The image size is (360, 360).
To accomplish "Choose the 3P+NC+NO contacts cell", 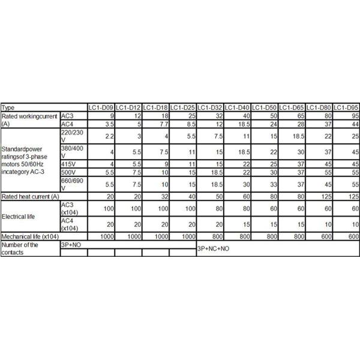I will pos(213,248).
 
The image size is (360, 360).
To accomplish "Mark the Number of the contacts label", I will pos(21,248).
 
